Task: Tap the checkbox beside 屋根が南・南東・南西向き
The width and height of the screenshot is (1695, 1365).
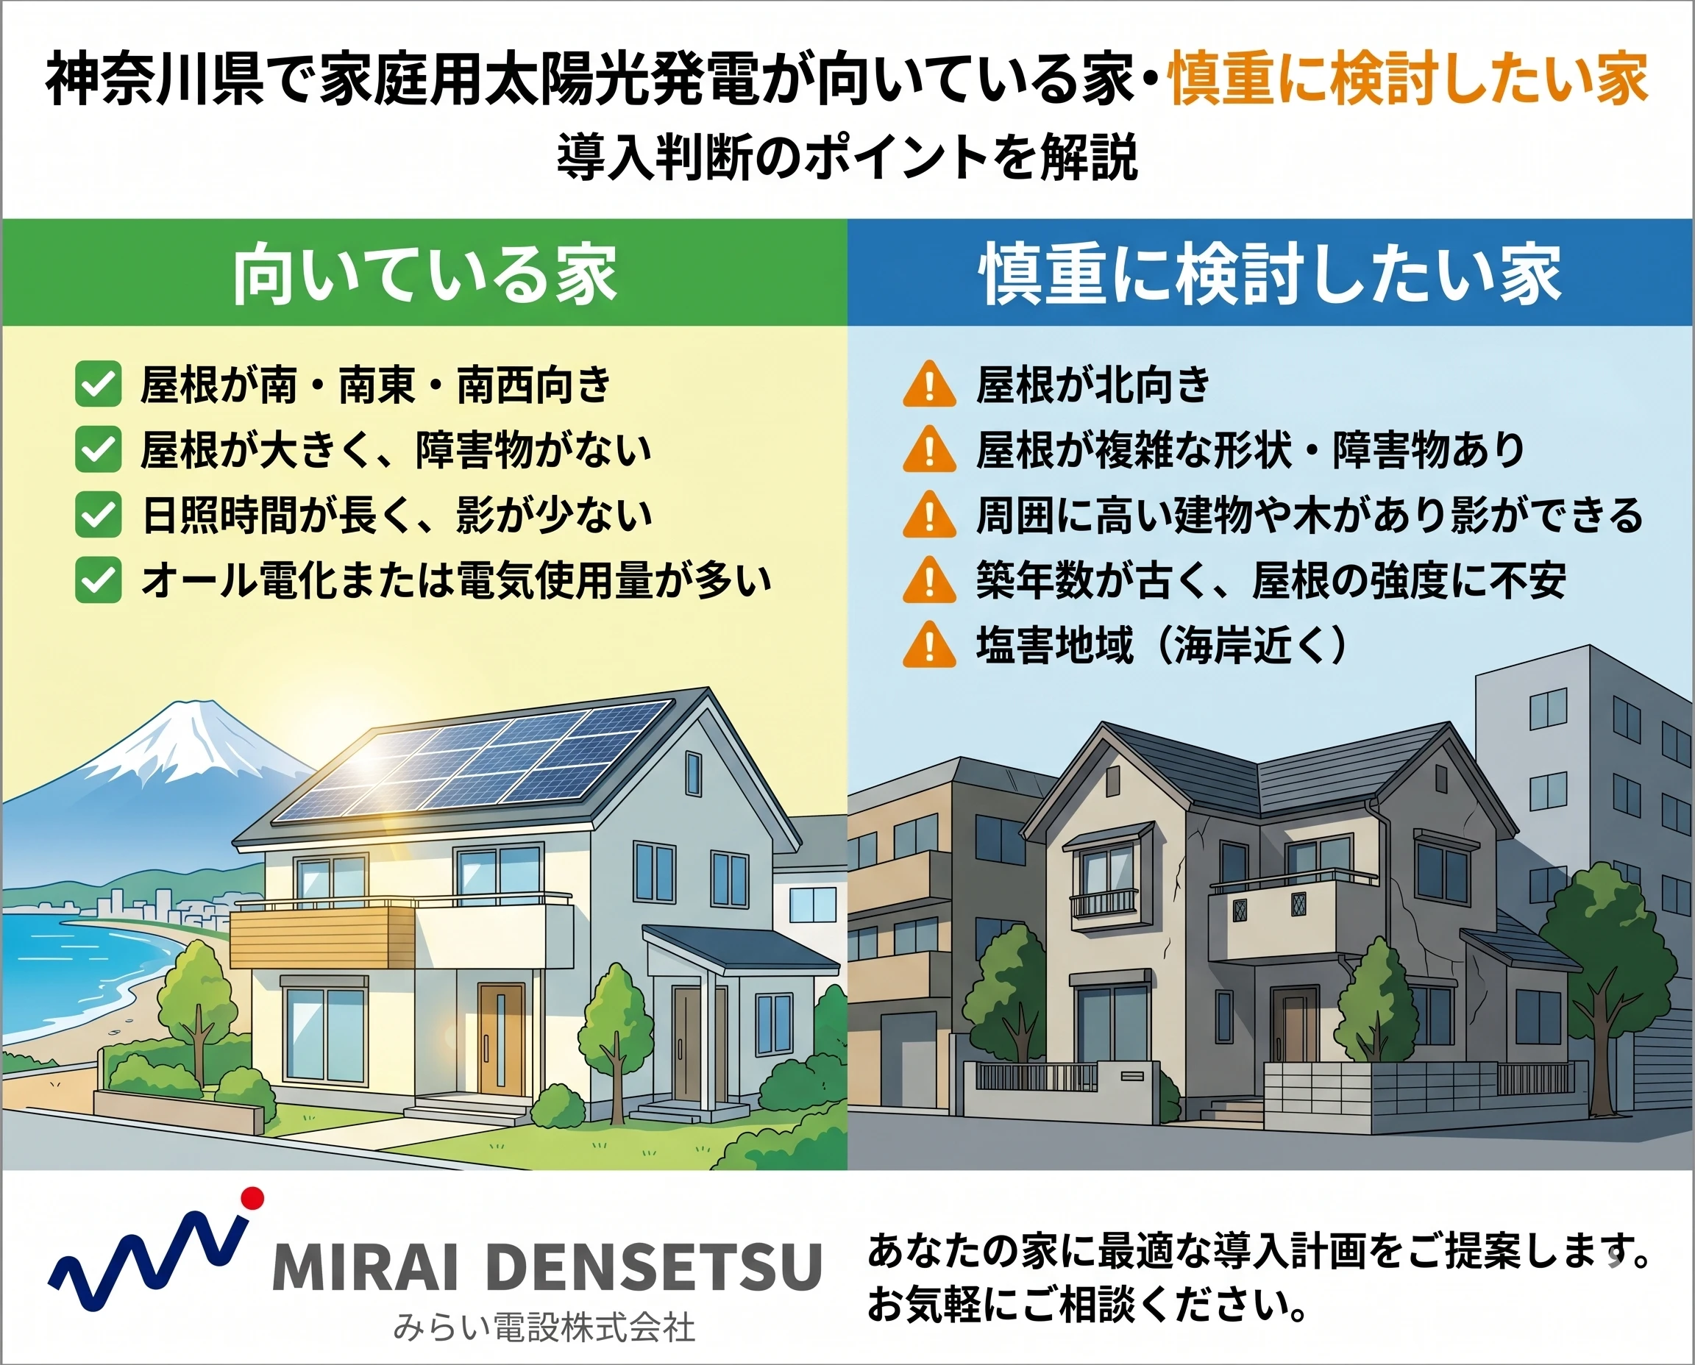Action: pos(99,384)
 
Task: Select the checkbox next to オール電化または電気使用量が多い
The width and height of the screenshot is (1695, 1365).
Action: pos(99,580)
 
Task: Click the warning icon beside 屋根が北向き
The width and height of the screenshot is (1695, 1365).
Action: pos(929,384)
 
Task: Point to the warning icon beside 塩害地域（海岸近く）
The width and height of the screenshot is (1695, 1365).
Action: pos(929,645)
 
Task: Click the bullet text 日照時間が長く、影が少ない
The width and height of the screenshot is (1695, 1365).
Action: pos(397,515)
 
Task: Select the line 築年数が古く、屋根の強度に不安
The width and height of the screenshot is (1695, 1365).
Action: pos(1271,580)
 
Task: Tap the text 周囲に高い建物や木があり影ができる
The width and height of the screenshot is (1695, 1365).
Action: pos(1310,515)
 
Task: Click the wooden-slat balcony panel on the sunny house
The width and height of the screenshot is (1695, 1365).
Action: pos(322,938)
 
